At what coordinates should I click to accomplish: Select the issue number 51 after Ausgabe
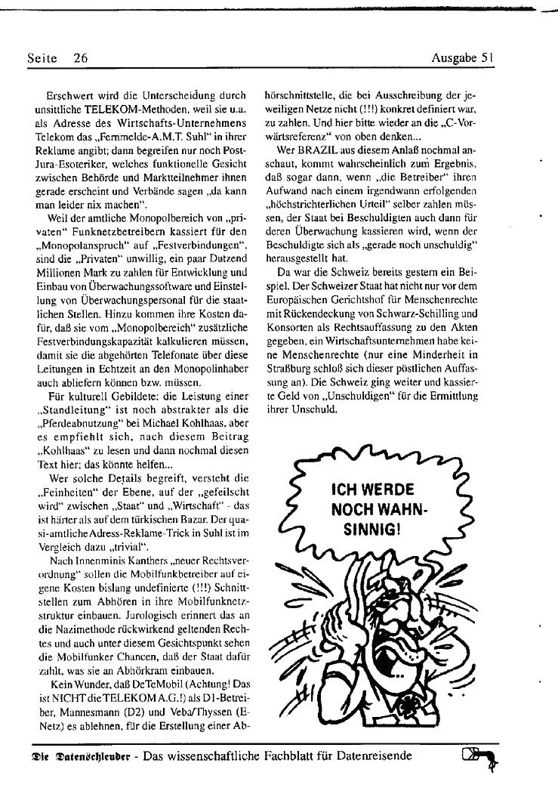[487, 57]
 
